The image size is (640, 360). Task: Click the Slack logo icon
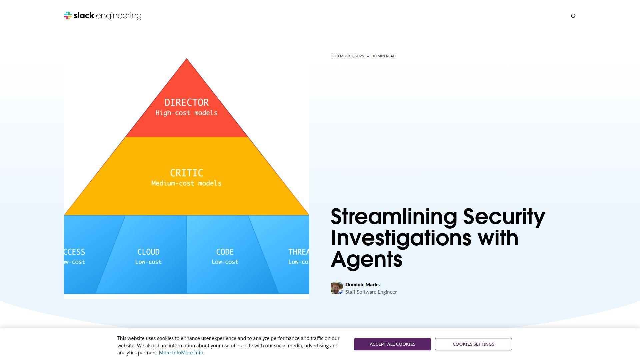tap(68, 16)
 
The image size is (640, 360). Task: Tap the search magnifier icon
tap(573, 16)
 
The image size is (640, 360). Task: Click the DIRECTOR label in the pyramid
tap(186, 102)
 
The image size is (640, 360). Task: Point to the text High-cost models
tap(186, 113)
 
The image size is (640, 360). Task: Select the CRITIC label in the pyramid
tap(186, 173)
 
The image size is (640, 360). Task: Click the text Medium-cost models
tap(186, 183)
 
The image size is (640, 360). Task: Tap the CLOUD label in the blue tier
tap(148, 252)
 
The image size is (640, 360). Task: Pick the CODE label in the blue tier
tap(225, 252)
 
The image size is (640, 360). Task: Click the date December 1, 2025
tap(347, 56)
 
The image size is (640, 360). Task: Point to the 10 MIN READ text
tap(384, 56)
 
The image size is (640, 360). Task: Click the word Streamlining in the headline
tap(394, 217)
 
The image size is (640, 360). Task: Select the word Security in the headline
tap(504, 217)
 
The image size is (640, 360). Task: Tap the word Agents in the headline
tap(366, 260)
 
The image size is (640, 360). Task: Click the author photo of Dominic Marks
tap(336, 288)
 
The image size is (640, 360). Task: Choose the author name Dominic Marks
tap(362, 285)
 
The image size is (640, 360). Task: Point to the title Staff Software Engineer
tap(371, 292)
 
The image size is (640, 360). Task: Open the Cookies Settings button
tap(473, 344)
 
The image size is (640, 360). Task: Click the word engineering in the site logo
tap(118, 16)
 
